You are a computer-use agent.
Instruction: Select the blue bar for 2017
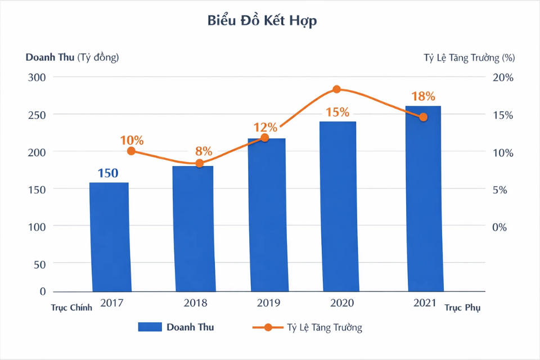click(110, 236)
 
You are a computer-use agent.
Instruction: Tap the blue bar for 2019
click(267, 214)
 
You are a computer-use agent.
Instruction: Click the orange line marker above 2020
click(337, 89)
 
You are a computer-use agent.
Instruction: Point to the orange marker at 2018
click(199, 164)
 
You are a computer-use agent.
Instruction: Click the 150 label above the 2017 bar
click(108, 173)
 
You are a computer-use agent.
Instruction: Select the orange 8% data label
click(204, 151)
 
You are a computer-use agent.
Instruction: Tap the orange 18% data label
click(423, 96)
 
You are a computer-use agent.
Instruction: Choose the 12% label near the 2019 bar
click(265, 127)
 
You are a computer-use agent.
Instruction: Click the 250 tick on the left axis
click(37, 114)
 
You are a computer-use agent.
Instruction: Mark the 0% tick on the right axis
click(499, 227)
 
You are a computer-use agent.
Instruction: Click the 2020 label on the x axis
click(343, 303)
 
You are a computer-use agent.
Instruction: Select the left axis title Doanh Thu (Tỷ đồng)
click(72, 57)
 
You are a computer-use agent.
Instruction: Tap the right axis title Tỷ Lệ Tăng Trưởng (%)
click(469, 57)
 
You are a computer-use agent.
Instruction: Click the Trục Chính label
click(71, 308)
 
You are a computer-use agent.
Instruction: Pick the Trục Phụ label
click(462, 308)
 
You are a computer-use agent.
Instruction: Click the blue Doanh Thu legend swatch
click(150, 327)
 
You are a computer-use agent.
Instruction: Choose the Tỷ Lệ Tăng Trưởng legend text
click(325, 327)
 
